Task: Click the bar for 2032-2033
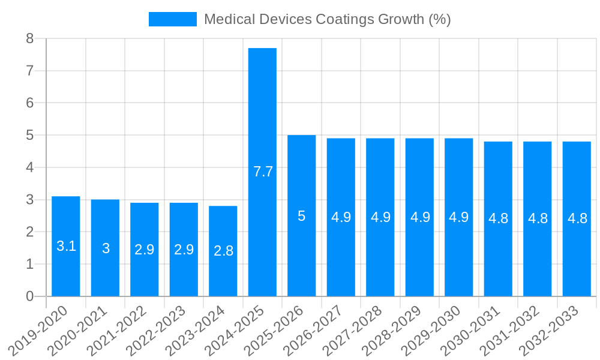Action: click(x=577, y=252)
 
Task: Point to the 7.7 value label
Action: click(x=263, y=172)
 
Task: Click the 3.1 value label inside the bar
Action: click(x=66, y=246)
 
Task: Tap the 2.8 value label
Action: click(x=223, y=251)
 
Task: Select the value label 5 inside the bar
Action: click(x=302, y=216)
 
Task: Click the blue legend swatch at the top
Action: click(x=172, y=19)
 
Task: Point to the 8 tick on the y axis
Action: click(x=30, y=38)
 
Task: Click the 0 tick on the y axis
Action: click(x=30, y=296)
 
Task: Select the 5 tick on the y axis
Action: click(x=30, y=135)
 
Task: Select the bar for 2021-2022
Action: click(x=145, y=270)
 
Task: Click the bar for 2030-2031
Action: click(x=498, y=258)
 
